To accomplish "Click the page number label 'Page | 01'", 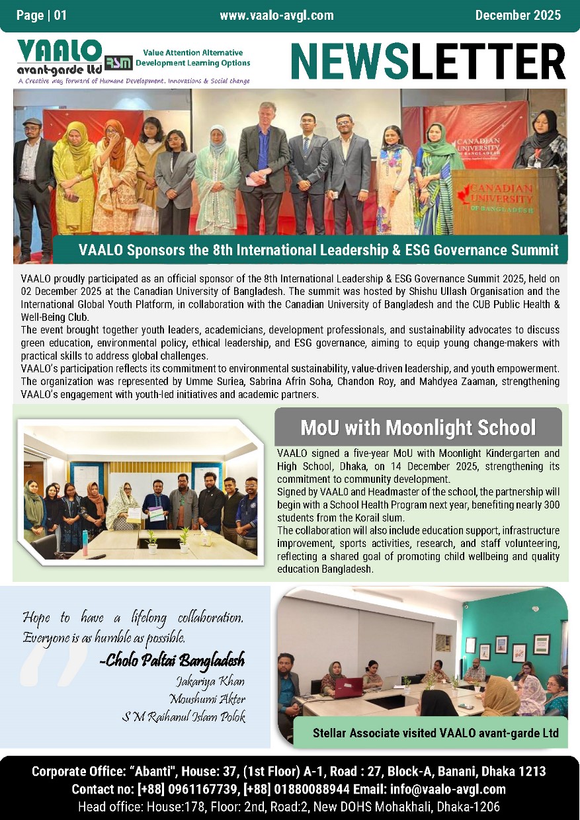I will click(x=42, y=15).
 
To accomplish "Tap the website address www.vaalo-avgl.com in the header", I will click(x=276, y=15).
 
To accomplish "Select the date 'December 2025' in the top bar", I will click(x=517, y=15).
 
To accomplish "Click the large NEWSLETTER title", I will click(x=428, y=61).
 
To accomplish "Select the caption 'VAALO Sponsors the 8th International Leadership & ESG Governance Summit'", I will click(x=318, y=251).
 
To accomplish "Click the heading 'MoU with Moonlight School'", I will click(x=417, y=427).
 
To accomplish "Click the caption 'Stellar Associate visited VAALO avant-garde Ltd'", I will click(x=436, y=733).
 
